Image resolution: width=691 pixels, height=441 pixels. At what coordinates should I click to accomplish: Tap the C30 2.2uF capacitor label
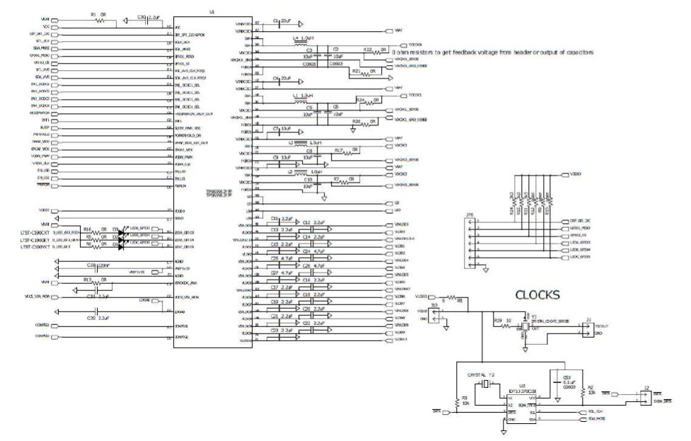coord(141,16)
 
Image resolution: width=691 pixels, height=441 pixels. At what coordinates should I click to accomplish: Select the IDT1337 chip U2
coord(509,403)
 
